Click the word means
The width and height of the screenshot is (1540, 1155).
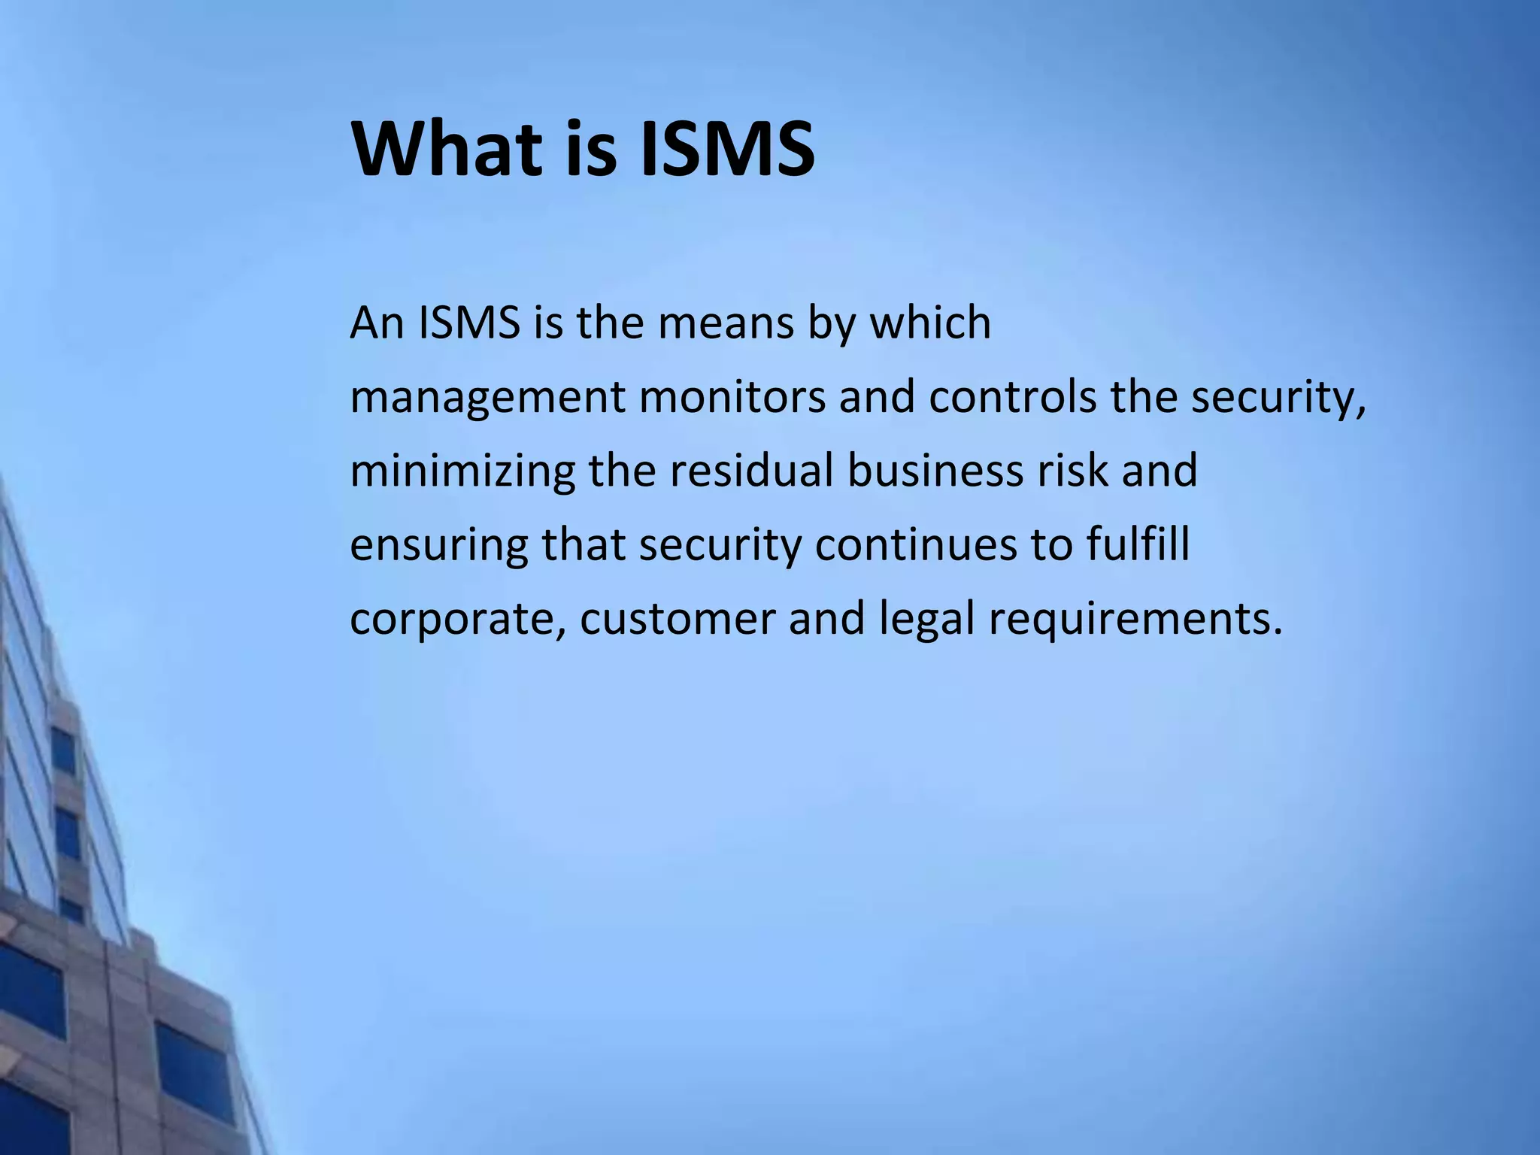pyautogui.click(x=726, y=323)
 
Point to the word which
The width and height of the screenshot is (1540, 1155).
pyautogui.click(x=930, y=323)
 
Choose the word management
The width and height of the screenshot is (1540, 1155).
pyautogui.click(x=487, y=399)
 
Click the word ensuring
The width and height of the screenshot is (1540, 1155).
pyautogui.click(x=439, y=546)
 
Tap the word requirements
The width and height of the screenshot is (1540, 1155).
pyautogui.click(x=1135, y=621)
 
